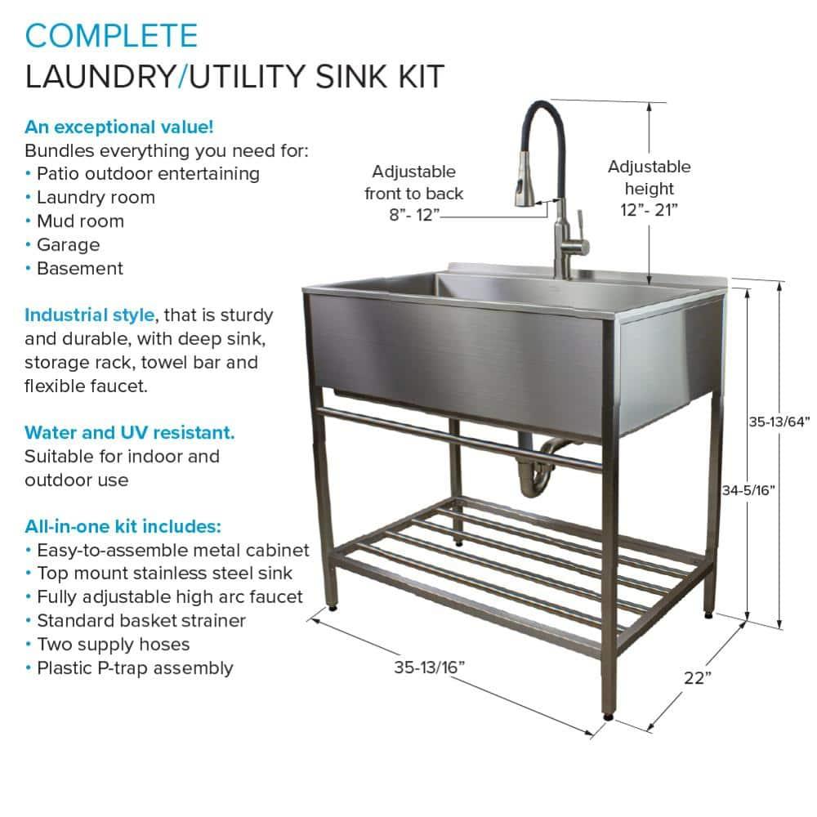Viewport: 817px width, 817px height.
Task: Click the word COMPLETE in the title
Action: [111, 36]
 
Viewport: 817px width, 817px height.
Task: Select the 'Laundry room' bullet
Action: [95, 197]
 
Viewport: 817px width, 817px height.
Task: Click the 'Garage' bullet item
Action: [68, 244]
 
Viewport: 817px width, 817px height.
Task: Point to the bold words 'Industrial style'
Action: [89, 315]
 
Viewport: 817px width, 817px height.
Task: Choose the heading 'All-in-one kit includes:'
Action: [123, 526]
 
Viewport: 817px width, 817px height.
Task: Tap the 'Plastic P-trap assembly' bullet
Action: [135, 667]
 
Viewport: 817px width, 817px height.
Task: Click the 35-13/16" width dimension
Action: [430, 667]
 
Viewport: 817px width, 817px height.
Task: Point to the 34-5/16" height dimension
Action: [748, 490]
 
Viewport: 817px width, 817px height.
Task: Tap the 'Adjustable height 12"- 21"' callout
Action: [650, 187]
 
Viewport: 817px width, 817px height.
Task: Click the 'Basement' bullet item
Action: [79, 268]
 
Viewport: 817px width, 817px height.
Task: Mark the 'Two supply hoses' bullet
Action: [113, 644]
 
